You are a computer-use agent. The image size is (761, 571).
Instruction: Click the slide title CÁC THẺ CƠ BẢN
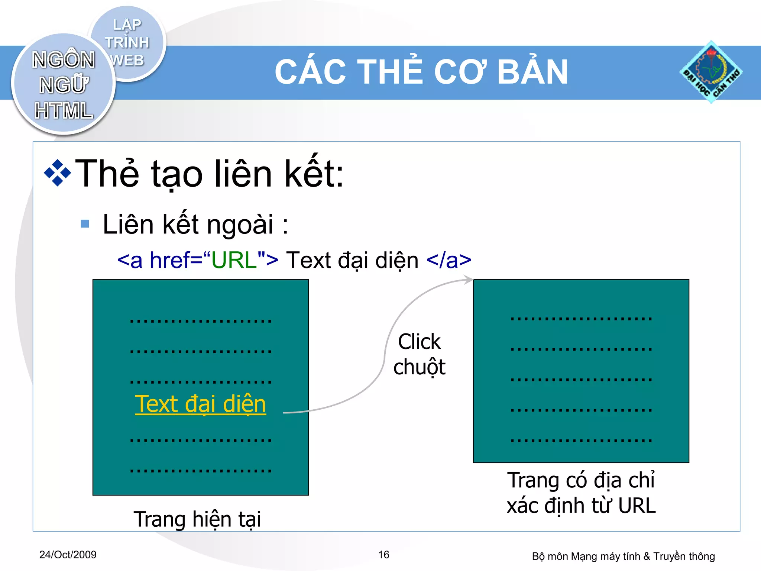point(421,72)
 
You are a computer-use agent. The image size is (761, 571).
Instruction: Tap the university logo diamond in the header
point(711,72)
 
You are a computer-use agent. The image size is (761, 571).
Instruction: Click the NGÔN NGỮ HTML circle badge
point(63,85)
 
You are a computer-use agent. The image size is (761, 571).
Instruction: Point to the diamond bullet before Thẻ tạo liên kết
point(57,173)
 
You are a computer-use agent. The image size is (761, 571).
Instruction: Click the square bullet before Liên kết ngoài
point(85,223)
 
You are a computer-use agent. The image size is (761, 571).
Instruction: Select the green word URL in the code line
point(234,260)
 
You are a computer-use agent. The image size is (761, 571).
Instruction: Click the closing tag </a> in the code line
point(449,260)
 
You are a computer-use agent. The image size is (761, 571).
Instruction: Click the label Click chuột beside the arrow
point(419,354)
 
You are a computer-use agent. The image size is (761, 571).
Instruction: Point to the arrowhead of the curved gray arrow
point(469,280)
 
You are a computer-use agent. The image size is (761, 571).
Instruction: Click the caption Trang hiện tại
point(197,519)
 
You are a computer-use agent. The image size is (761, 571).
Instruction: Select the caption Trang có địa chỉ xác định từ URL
point(581,493)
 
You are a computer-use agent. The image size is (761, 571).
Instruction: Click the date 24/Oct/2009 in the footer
point(68,555)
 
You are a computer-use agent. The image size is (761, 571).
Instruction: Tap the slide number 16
point(383,555)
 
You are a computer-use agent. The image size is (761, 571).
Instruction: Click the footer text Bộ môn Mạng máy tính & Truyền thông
point(623,556)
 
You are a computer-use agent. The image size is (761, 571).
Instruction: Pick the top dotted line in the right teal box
point(581,319)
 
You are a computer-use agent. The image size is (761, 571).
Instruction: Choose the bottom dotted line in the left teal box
point(201,471)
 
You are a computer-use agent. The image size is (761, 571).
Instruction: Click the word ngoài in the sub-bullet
point(240,224)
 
